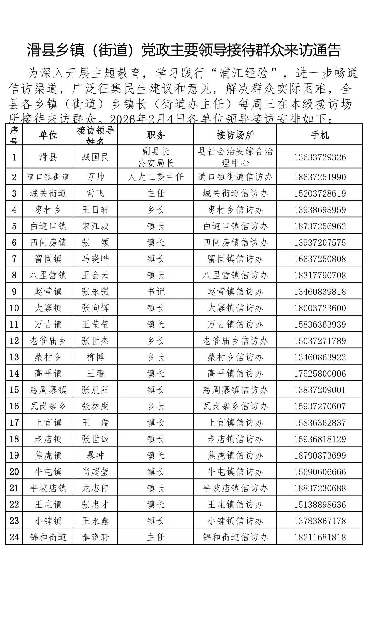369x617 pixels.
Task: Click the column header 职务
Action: (x=155, y=135)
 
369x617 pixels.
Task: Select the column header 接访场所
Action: (x=235, y=135)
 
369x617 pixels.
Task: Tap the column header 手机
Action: (x=319, y=135)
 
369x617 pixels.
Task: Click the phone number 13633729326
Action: (x=320, y=157)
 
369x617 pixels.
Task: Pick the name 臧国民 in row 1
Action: (x=95, y=157)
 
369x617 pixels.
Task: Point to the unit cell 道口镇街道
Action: (x=48, y=177)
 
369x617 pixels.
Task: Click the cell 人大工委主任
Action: (x=155, y=177)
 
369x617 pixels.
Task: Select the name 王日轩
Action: (x=95, y=210)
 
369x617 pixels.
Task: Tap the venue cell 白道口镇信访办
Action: (x=235, y=226)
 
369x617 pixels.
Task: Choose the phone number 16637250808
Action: (x=320, y=259)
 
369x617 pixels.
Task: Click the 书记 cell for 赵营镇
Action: (x=155, y=292)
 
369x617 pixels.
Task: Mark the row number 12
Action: (x=14, y=341)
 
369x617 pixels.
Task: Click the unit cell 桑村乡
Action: (x=48, y=357)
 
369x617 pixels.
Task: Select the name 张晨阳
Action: (x=95, y=390)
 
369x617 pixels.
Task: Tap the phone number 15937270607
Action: (x=320, y=406)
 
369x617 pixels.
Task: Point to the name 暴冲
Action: (x=95, y=455)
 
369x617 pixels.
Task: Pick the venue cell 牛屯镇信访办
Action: (x=235, y=472)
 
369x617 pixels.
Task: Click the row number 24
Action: (x=14, y=537)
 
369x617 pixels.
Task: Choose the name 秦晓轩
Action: (x=95, y=537)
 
